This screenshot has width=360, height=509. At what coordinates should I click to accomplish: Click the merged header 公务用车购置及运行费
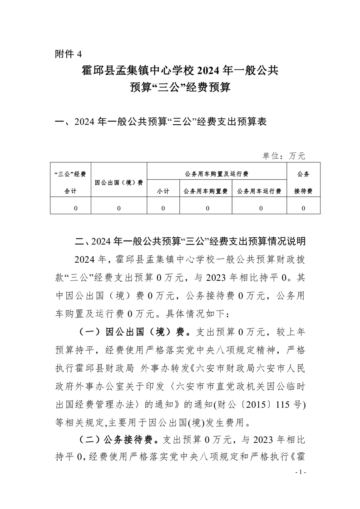[x=217, y=174]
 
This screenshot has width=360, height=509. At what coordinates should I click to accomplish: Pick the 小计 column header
[x=163, y=191]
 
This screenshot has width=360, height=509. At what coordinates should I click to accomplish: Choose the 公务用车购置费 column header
[x=206, y=191]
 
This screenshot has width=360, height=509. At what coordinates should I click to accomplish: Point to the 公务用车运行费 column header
[x=259, y=191]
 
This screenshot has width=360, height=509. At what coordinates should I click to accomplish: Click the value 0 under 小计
[x=163, y=208]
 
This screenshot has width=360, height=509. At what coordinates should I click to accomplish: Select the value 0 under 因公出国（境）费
[x=119, y=208]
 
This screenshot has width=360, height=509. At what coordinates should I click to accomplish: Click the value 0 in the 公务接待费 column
[x=303, y=208]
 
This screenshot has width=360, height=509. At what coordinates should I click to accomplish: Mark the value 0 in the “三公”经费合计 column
[x=75, y=208]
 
